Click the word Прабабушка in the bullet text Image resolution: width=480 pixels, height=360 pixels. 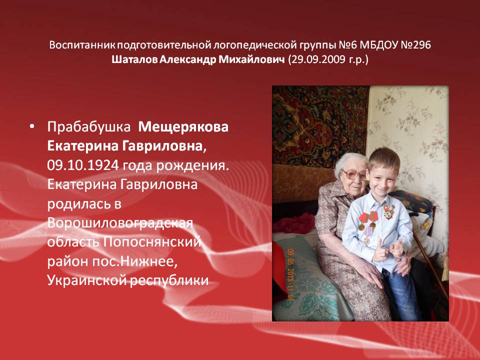[89, 127]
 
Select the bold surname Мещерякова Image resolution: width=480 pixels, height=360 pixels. [183, 127]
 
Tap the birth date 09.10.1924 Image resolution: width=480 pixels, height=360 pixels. [83, 165]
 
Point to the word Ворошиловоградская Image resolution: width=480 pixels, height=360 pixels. [120, 223]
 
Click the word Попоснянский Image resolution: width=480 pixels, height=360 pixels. [152, 242]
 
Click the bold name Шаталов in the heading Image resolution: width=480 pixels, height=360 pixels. [134, 59]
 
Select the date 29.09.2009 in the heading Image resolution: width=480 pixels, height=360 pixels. [318, 59]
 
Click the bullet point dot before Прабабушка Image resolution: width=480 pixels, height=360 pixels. [32, 126]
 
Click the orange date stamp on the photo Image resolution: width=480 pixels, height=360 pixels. [290, 274]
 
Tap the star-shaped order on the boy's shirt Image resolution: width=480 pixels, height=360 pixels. [389, 211]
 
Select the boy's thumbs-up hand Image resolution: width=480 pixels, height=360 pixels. [379, 251]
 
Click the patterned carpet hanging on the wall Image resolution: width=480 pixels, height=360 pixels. [318, 126]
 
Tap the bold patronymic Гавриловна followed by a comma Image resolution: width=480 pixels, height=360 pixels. [164, 146]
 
